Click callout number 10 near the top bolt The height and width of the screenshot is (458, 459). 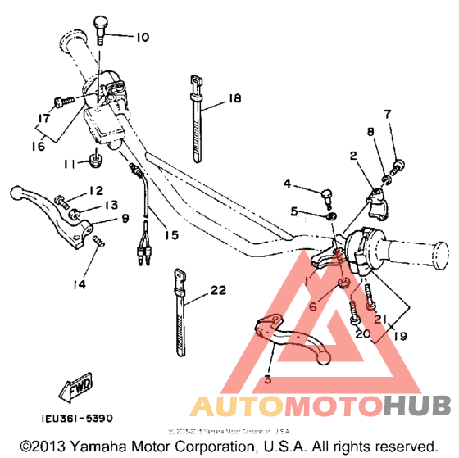[143, 37]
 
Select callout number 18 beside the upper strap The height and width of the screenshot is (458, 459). [234, 98]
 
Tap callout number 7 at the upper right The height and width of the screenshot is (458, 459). [388, 114]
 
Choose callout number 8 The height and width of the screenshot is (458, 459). [370, 131]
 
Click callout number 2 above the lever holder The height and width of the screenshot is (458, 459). [353, 156]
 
